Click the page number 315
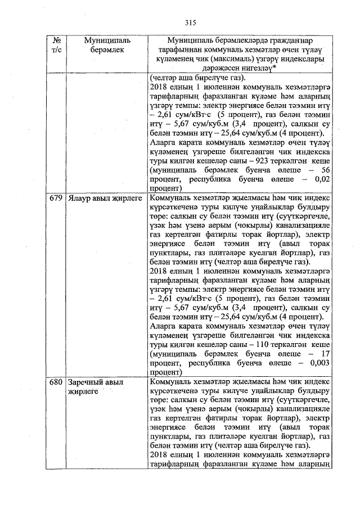(x=190, y=22)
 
